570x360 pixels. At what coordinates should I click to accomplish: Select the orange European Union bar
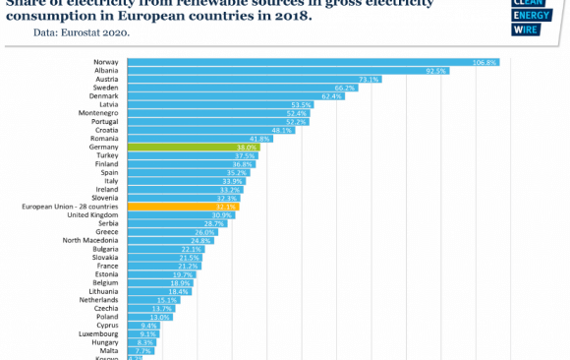[x=182, y=207]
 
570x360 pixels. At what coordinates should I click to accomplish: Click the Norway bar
[x=313, y=62]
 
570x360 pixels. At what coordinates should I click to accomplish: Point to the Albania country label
[x=106, y=71]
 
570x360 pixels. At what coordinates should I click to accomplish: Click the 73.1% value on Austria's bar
[x=369, y=79]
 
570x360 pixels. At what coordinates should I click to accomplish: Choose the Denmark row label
[x=104, y=96]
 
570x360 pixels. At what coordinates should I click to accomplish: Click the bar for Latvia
[x=220, y=104]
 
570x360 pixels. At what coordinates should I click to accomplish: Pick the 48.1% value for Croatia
[x=282, y=130]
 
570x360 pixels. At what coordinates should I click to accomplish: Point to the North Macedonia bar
[x=169, y=240]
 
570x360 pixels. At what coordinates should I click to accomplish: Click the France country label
[x=108, y=266]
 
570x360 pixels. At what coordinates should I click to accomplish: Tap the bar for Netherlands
[x=152, y=300]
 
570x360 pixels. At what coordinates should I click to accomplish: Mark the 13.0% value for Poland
[x=160, y=317]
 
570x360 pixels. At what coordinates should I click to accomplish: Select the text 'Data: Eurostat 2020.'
[x=81, y=32]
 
